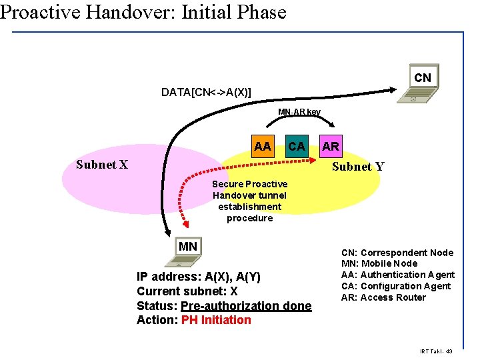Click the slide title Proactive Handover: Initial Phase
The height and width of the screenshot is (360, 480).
[x=143, y=12]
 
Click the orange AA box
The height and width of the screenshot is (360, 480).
[x=263, y=146]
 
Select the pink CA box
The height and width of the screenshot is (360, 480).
[x=296, y=146]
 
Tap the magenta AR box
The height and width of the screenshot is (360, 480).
[x=330, y=146]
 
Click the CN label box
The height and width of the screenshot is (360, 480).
[x=422, y=78]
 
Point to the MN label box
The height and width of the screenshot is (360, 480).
[x=188, y=247]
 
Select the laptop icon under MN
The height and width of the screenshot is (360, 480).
[x=179, y=263]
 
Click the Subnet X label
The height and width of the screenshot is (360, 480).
[x=102, y=165]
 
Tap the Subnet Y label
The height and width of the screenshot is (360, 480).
[x=357, y=167]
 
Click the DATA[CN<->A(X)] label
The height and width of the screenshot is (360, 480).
[x=206, y=92]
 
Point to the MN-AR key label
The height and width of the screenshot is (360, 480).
[x=299, y=112]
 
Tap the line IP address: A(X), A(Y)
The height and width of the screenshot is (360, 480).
[x=199, y=277]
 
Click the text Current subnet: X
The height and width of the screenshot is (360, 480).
[x=187, y=291]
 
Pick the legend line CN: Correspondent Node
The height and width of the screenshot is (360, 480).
[x=397, y=253]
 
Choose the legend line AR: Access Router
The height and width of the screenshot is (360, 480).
[x=383, y=297]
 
